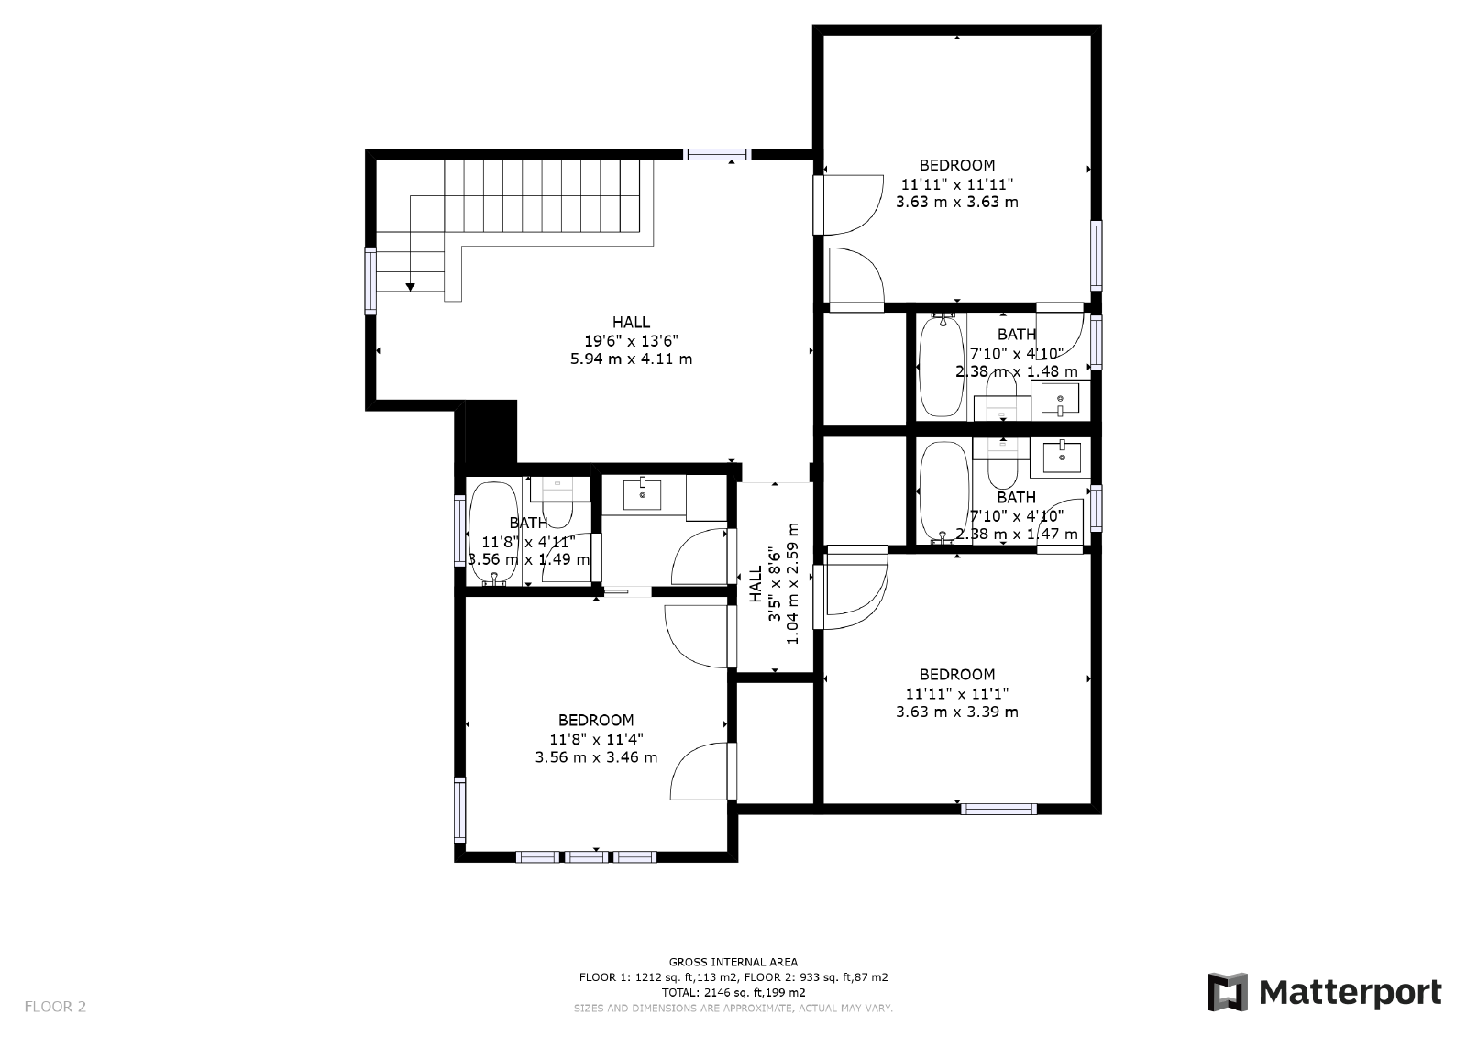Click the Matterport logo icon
tap(1228, 992)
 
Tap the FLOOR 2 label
tap(55, 1007)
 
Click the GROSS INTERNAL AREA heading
tap(733, 962)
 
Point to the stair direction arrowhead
tap(410, 288)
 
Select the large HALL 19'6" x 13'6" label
tap(631, 340)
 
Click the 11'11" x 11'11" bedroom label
tap(956, 183)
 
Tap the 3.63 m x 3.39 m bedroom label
tap(956, 712)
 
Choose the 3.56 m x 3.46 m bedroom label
tap(596, 757)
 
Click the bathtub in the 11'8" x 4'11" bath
tap(494, 533)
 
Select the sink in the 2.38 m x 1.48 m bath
tap(1061, 401)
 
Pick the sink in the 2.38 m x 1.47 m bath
tap(1061, 456)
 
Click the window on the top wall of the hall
tap(717, 154)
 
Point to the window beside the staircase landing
tap(370, 281)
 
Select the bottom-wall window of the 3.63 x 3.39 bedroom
tap(998, 809)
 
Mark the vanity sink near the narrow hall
tap(643, 493)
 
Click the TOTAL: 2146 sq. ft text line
tap(733, 992)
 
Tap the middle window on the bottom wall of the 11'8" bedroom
tap(586, 857)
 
